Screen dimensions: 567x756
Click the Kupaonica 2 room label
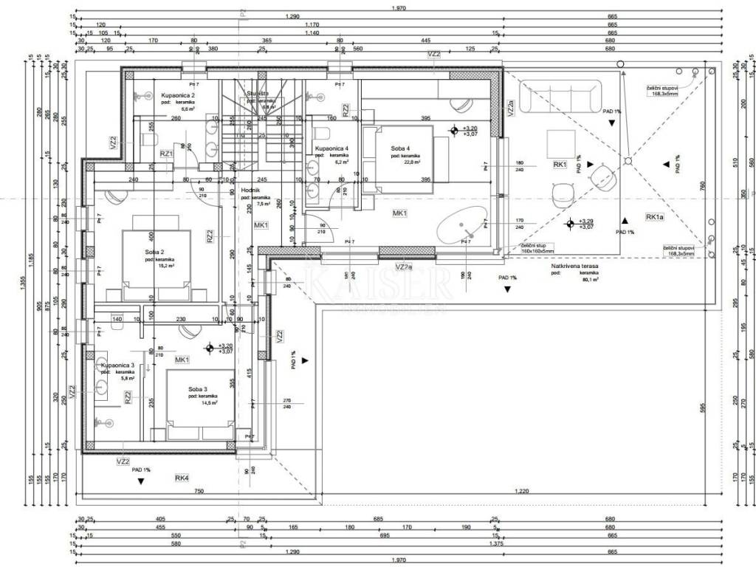177,96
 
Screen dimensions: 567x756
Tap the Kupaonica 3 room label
118,365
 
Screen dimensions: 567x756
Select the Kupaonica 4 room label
331,148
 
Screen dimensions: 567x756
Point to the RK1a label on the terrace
655,217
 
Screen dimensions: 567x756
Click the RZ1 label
166,154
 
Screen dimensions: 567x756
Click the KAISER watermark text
377,283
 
